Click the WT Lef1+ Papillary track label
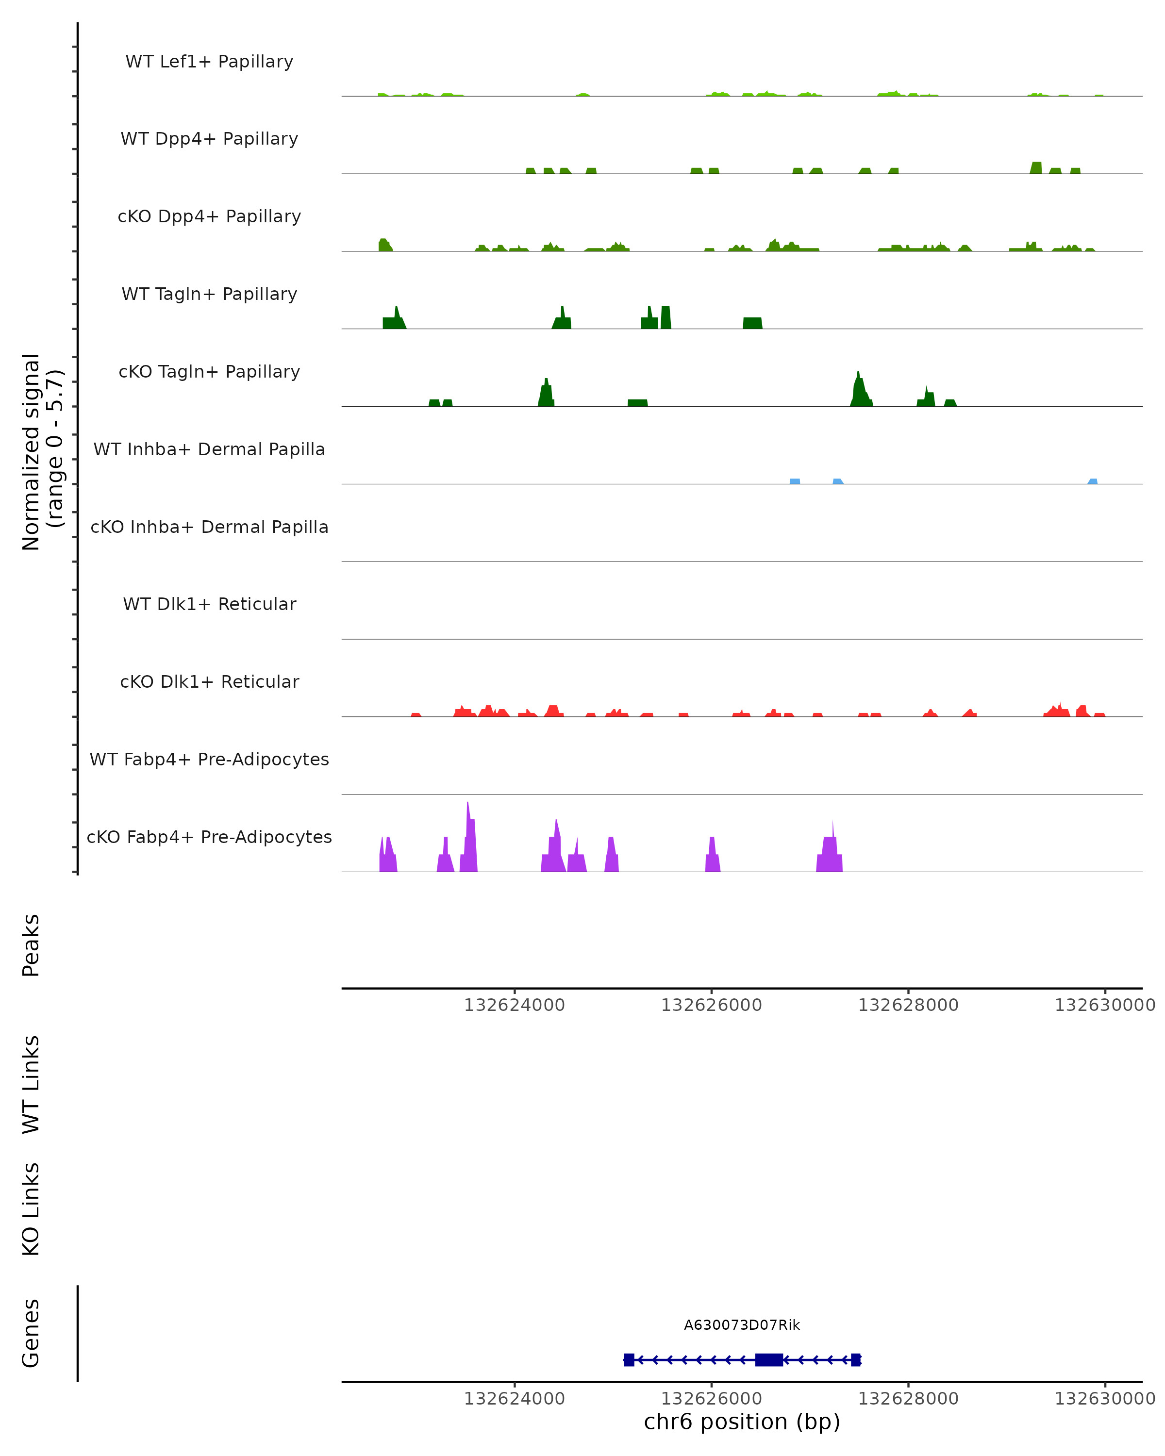(209, 62)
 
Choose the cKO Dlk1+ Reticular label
(209, 681)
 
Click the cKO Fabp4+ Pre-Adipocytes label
(209, 837)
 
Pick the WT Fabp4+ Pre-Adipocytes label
(209, 759)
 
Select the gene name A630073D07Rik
(742, 1325)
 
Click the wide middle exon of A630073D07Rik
(768, 1359)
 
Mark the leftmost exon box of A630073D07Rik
(629, 1359)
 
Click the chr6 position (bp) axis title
(742, 1422)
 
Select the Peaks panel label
(31, 945)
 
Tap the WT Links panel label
(31, 1084)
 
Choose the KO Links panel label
(31, 1209)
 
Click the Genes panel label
(31, 1332)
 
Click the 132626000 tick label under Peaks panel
(711, 1005)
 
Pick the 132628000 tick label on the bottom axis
(908, 1399)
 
